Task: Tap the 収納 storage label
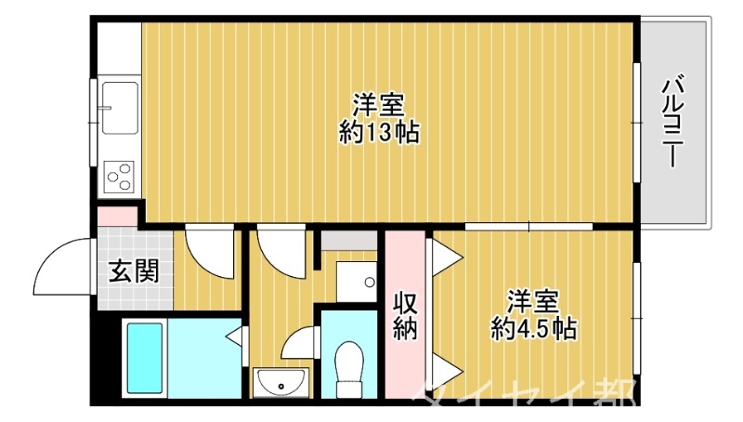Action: pos(404,315)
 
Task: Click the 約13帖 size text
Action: pos(379,133)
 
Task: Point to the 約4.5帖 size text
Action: pos(533,327)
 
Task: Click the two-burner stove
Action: pos(120,175)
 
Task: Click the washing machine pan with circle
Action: pos(356,280)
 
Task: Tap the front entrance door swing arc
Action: pos(63,264)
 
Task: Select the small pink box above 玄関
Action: pos(117,218)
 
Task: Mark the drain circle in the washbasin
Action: pos(280,385)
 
